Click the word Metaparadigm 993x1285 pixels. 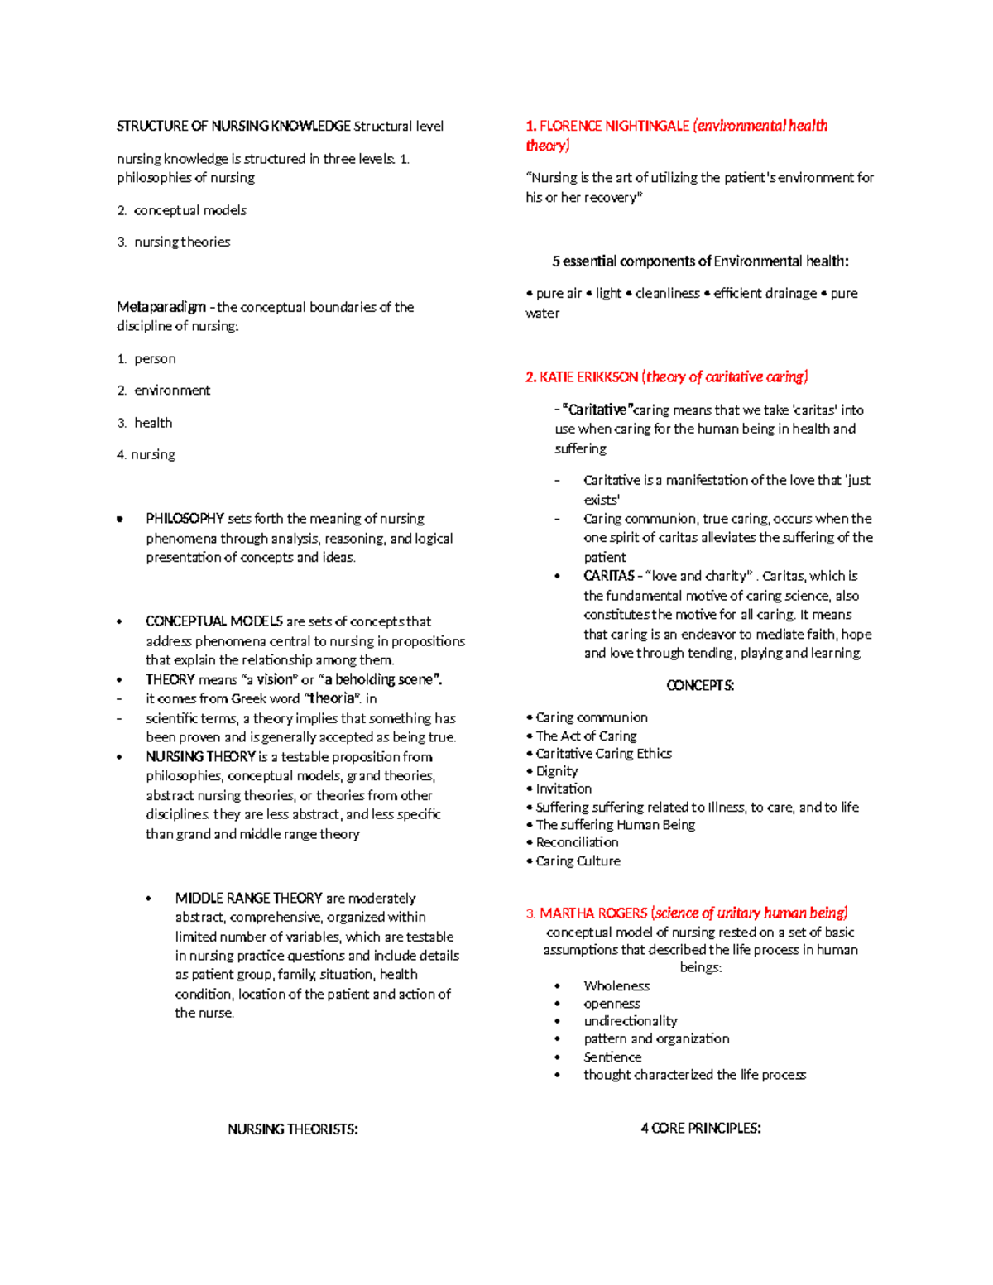pos(161,307)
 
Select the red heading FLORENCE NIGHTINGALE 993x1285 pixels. pos(613,126)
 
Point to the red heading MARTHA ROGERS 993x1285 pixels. pos(592,913)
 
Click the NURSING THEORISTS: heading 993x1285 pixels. pos(293,1129)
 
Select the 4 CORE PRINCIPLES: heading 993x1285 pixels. pos(700,1129)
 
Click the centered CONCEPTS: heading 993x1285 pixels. pos(700,686)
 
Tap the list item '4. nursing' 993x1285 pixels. pos(146,454)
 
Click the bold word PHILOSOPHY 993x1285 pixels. pos(185,519)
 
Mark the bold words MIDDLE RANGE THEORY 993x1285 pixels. pos(248,899)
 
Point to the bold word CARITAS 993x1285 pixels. pos(608,576)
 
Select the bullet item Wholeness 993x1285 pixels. pos(616,986)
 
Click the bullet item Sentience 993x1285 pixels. pos(612,1057)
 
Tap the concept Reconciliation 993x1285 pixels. pos(577,842)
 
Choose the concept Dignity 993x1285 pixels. pos(557,771)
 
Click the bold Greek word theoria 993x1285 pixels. pos(332,698)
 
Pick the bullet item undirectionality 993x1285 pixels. pos(630,1021)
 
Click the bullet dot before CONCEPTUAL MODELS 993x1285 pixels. pos(120,621)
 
